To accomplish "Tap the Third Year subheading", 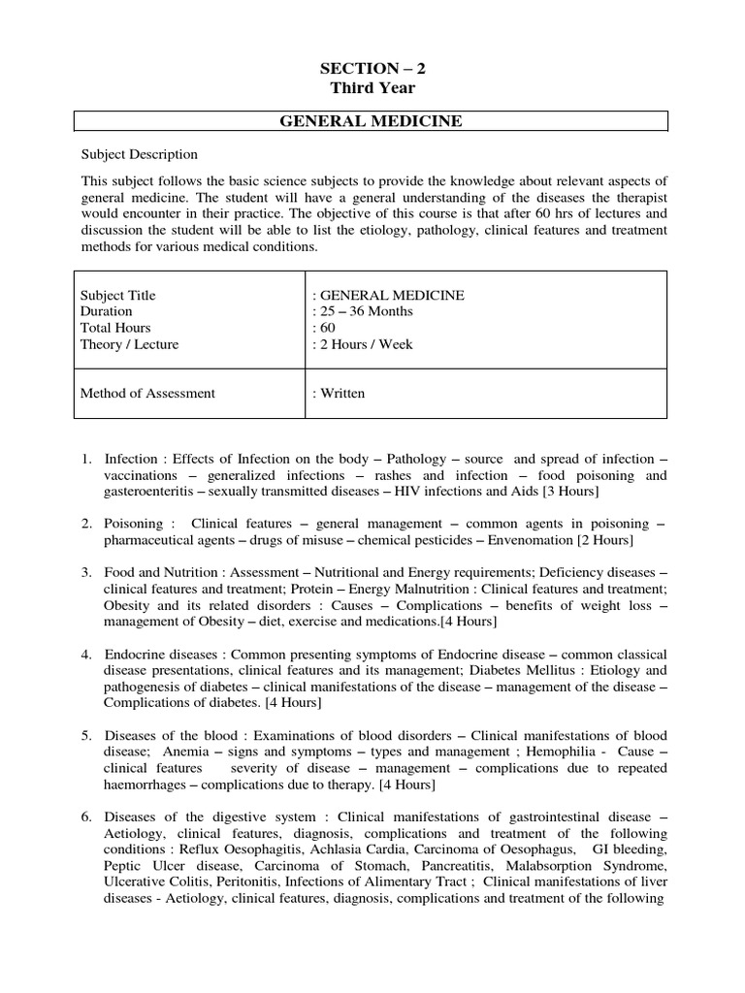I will [372, 88].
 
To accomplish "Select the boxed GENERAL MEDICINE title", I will [372, 121].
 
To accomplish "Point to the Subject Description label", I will [139, 154].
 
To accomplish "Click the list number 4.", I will [86, 655].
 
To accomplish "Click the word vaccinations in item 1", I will [146, 476].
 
